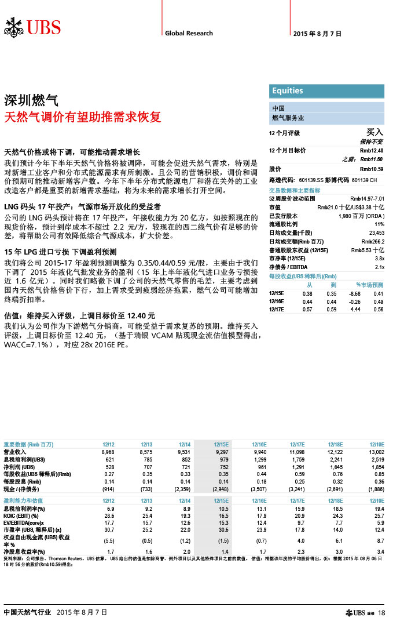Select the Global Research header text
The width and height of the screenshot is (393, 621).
coord(189,33)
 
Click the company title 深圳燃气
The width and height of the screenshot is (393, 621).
coord(31,99)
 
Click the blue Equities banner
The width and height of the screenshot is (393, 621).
coord(328,90)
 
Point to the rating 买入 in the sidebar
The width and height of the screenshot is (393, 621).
coord(376,133)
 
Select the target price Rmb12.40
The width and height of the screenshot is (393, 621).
coord(372,151)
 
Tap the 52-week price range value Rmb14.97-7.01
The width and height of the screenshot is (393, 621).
coord(368,198)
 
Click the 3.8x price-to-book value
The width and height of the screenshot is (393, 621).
coord(380,258)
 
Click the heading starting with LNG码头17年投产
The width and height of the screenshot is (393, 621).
coord(82,206)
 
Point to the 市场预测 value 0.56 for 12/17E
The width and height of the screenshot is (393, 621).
coord(379,309)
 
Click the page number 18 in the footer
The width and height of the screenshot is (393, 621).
coord(381,613)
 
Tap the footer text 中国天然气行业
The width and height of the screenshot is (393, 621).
coord(27,612)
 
